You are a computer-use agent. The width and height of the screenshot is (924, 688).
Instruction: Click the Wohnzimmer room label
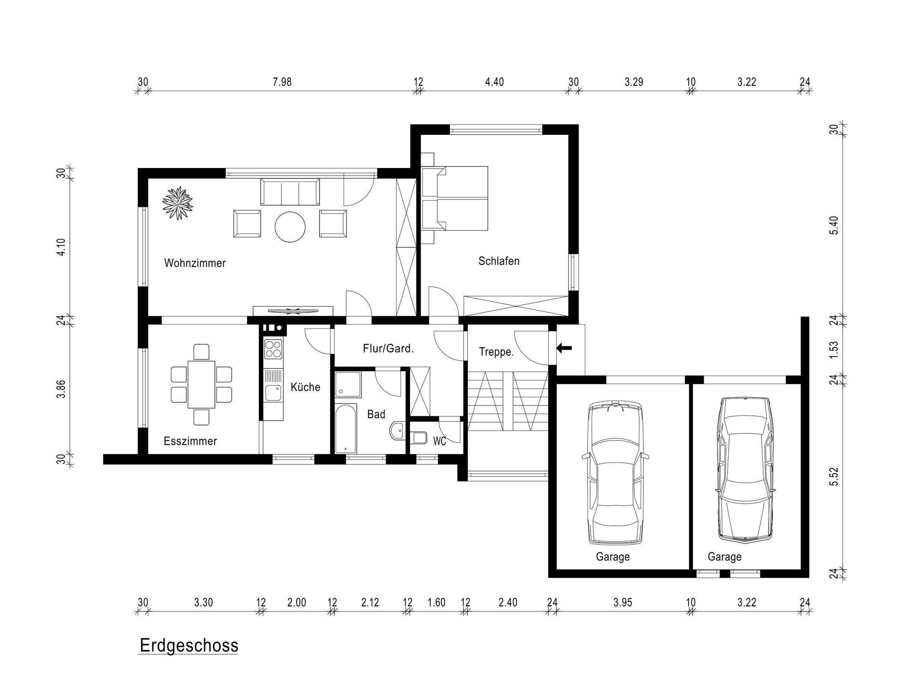click(x=195, y=263)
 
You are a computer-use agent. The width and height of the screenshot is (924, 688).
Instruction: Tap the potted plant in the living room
click(x=178, y=203)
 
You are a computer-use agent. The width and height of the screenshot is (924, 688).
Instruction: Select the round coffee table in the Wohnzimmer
click(x=290, y=226)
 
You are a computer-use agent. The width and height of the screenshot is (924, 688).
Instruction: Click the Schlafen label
click(x=499, y=261)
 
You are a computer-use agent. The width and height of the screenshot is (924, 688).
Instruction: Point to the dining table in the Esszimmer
click(x=201, y=385)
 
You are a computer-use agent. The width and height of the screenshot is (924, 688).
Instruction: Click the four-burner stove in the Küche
click(x=273, y=349)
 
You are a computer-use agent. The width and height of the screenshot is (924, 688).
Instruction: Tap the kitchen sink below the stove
click(x=273, y=392)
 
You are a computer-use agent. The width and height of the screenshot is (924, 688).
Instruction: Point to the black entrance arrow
click(x=564, y=348)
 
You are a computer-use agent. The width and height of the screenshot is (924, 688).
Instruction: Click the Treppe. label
click(x=496, y=352)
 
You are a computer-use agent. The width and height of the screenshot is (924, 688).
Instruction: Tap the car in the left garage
click(x=615, y=473)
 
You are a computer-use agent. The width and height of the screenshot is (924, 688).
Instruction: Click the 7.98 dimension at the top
click(x=282, y=82)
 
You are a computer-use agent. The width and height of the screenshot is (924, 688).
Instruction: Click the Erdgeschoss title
click(x=189, y=645)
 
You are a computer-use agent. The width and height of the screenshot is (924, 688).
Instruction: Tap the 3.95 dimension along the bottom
click(x=622, y=602)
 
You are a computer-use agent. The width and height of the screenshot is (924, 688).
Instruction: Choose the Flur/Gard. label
click(x=388, y=348)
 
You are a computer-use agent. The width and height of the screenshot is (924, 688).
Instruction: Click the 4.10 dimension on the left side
click(x=61, y=247)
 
